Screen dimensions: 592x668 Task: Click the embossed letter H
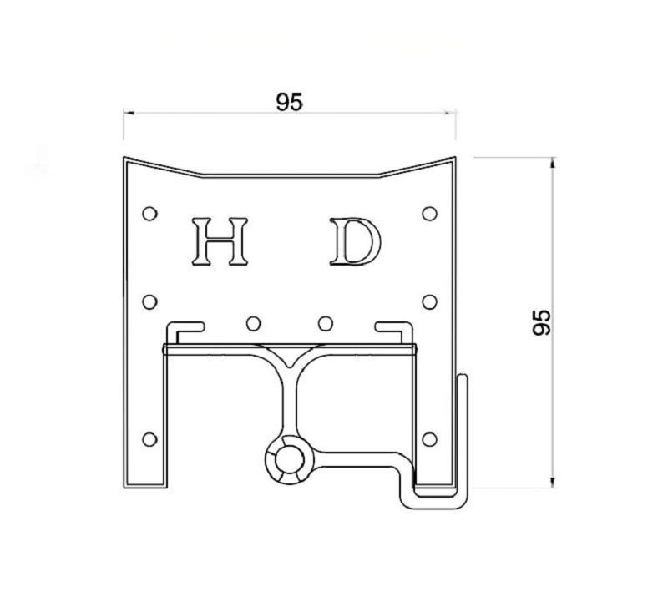tap(220, 241)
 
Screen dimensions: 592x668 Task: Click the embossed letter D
tap(354, 241)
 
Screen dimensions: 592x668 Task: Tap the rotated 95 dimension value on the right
tap(541, 321)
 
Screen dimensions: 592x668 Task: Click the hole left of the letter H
tap(149, 214)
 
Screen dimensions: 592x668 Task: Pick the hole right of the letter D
tap(429, 214)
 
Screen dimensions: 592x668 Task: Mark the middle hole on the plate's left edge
tap(149, 301)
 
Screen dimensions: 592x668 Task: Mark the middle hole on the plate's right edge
tap(429, 301)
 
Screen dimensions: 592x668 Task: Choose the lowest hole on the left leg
tap(150, 438)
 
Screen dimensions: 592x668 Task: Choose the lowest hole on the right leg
tap(429, 438)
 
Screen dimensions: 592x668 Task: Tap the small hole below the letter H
tap(253, 322)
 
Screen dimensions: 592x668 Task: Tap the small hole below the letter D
tap(326, 322)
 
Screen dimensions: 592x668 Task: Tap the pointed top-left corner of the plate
tap(124, 158)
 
